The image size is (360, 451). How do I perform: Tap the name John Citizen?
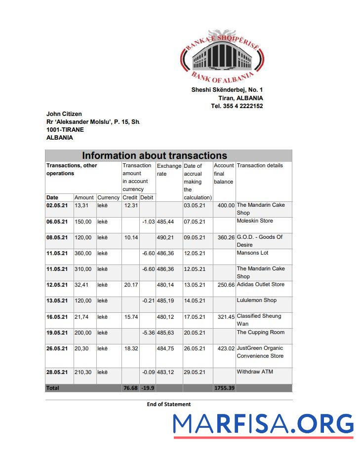pos(64,114)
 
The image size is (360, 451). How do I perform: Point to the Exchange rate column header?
pos(169,170)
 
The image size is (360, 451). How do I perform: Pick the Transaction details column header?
pos(260,166)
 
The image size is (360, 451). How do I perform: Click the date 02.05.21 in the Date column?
pos(57,205)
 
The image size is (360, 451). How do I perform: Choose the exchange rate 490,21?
pos(165,237)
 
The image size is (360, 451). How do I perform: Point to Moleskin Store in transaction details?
pos(255,221)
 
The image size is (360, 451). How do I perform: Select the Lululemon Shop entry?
pos(257,301)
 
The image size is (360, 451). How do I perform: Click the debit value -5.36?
pos(148,333)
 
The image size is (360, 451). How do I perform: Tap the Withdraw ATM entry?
pos(255,372)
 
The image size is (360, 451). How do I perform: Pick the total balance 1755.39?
pos(224,388)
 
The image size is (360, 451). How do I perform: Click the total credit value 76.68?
pos(130,388)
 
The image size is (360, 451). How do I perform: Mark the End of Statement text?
pos(168,404)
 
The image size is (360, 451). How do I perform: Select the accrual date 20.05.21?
pos(195,333)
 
